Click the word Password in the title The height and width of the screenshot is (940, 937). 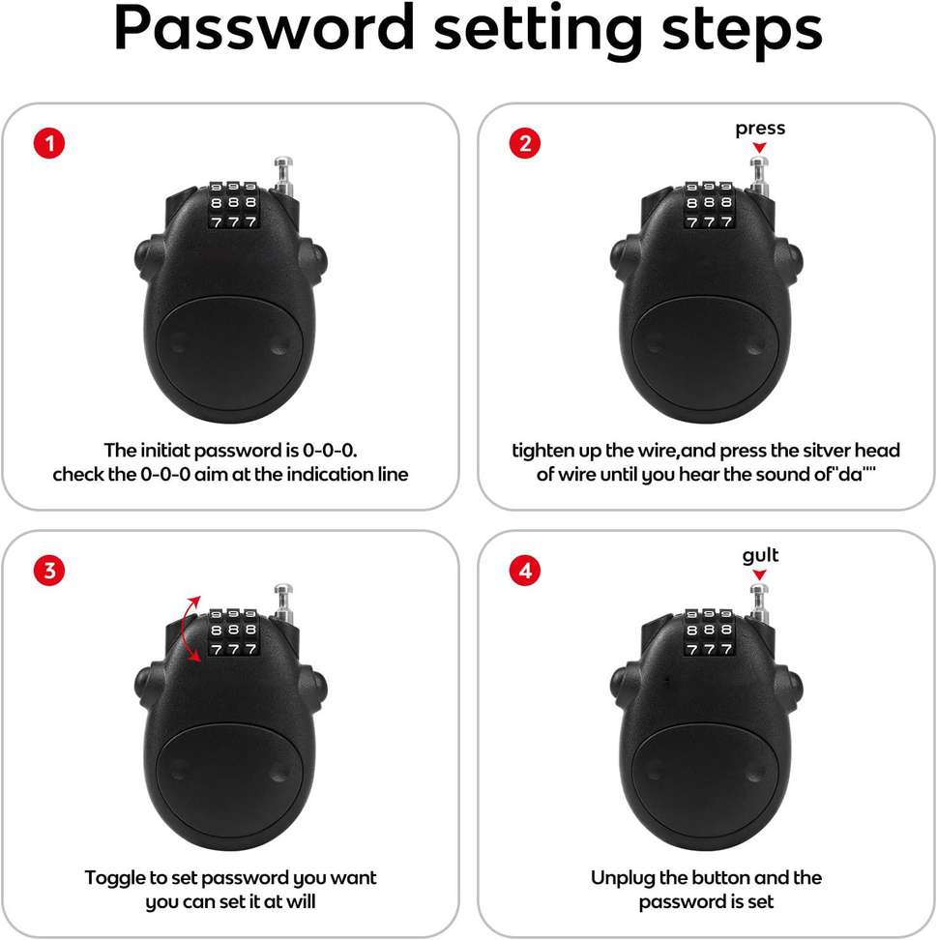pyautogui.click(x=264, y=28)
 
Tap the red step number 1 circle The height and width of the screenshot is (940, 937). pyautogui.click(x=49, y=144)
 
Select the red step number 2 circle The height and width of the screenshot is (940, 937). pyautogui.click(x=524, y=144)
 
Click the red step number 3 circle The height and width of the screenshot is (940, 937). pyautogui.click(x=49, y=571)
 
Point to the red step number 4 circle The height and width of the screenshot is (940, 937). pyautogui.click(x=524, y=571)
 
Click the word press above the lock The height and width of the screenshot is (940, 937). pyautogui.click(x=760, y=129)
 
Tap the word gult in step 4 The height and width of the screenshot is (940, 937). pyautogui.click(x=760, y=556)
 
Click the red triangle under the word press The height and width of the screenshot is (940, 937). pyautogui.click(x=759, y=147)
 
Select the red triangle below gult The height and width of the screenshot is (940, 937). pyautogui.click(x=759, y=574)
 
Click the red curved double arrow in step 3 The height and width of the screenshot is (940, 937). pyautogui.click(x=186, y=630)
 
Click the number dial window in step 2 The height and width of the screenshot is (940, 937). pyautogui.click(x=709, y=205)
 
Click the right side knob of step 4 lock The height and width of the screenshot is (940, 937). pyautogui.click(x=793, y=686)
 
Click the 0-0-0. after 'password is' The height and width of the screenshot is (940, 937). pyautogui.click(x=330, y=451)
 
